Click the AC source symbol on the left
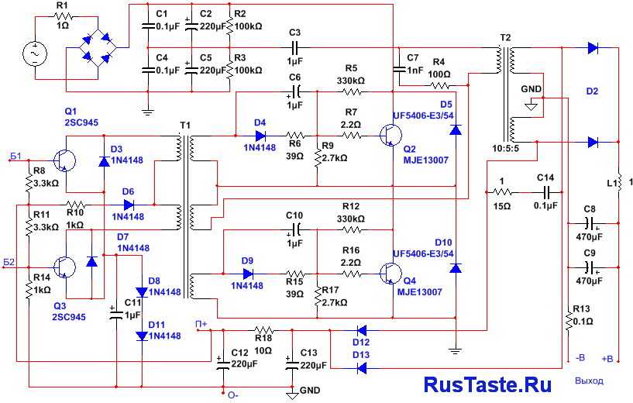35,53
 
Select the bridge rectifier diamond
98,49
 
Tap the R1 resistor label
63,7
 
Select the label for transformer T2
506,37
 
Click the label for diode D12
361,343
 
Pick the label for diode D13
361,355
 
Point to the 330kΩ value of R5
351,80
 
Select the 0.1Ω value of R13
582,321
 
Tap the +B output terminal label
607,359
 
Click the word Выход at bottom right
589,381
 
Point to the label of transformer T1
184,126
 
